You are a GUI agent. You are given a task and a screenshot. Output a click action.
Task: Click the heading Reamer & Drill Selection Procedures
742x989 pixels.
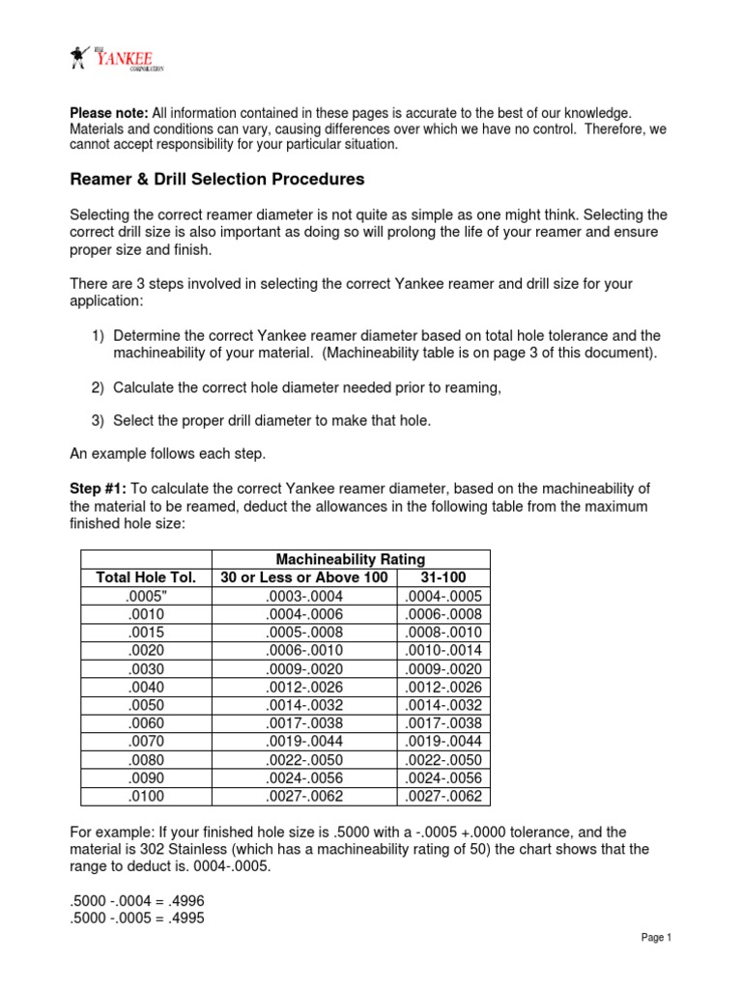coord(218,179)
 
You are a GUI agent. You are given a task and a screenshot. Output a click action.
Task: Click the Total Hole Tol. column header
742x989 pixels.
coord(145,578)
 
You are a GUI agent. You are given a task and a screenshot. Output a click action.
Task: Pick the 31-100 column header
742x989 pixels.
coord(444,578)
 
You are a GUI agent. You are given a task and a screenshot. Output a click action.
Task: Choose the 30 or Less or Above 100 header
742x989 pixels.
coord(304,578)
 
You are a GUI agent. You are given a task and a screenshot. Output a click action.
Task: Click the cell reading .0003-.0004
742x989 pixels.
coord(304,596)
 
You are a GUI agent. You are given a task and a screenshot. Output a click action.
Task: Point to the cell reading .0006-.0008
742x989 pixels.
coord(444,614)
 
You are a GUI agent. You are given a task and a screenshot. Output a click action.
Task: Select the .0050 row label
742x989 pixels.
coord(145,705)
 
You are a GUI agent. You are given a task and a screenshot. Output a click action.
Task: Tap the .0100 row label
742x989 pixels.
coord(145,797)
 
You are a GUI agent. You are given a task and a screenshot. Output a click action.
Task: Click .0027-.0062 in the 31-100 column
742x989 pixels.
coord(444,797)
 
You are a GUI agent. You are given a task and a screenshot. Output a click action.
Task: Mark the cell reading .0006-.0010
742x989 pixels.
coord(304,651)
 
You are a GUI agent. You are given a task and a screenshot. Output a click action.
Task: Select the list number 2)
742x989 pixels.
coord(99,387)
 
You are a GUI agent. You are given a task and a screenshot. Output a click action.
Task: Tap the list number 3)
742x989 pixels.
coord(99,421)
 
